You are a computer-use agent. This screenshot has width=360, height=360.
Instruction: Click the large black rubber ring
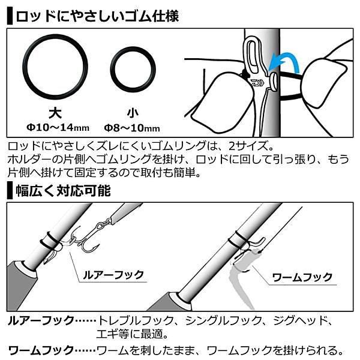tap(55, 67)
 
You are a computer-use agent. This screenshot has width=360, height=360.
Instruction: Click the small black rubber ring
tap(133, 70)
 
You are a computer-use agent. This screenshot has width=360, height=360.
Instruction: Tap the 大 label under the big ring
tap(55, 113)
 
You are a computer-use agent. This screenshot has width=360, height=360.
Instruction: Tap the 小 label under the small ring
tap(133, 113)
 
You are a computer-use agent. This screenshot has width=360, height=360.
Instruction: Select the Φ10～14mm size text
tap(58, 127)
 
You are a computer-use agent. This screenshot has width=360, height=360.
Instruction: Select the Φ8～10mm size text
tap(132, 128)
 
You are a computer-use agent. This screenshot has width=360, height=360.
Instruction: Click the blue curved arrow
tap(284, 62)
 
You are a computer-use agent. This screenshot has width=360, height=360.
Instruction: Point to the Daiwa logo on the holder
tap(257, 83)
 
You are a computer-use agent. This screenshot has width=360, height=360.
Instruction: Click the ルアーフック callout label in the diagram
tap(113, 275)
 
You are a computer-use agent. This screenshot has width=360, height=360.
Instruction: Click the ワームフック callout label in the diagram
tap(302, 277)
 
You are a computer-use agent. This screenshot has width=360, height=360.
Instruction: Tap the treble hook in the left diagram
tap(85, 241)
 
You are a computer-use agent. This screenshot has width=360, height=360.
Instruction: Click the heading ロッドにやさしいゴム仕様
tap(97, 16)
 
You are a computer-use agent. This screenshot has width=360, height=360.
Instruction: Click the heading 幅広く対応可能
tap(63, 191)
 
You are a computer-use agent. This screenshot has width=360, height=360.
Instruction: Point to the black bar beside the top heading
tap(10, 16)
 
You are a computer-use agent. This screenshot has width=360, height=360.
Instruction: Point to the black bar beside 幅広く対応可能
tap(10, 190)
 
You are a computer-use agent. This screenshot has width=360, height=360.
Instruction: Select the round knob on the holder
tap(274, 82)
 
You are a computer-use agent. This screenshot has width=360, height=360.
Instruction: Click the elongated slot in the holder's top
tap(252, 56)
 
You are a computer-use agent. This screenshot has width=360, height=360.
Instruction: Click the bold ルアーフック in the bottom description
tap(41, 320)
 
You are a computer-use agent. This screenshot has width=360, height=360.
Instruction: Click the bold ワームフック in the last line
tap(41, 350)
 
